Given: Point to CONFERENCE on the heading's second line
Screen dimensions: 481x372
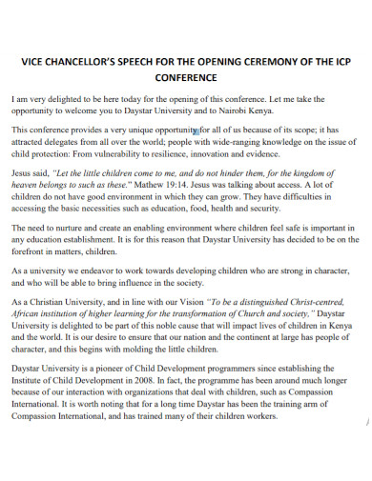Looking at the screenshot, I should [186, 78].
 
